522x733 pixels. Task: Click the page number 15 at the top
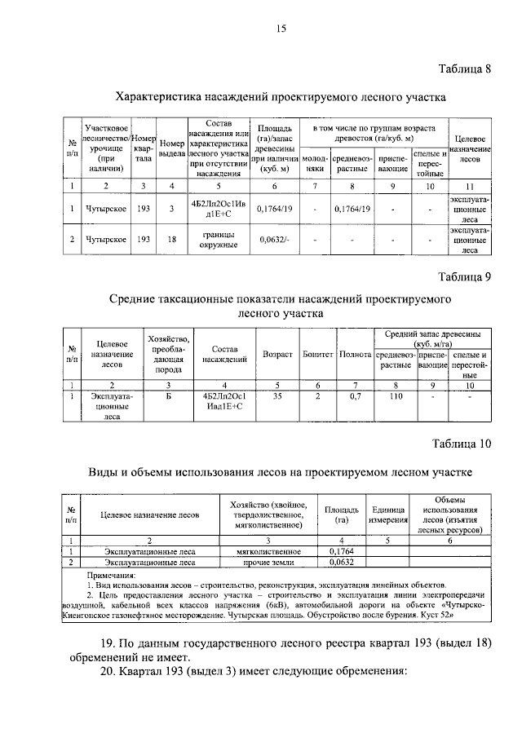(281, 29)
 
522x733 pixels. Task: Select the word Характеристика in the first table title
(158, 97)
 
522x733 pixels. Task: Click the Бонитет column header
(317, 355)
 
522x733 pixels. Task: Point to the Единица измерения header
(387, 514)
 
